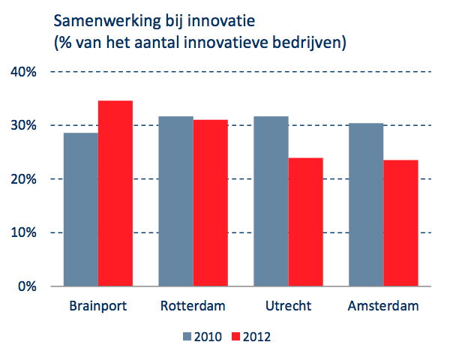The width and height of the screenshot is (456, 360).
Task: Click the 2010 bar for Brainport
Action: click(80, 209)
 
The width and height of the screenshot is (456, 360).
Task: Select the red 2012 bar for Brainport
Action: click(115, 193)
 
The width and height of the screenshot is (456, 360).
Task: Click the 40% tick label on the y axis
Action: click(24, 72)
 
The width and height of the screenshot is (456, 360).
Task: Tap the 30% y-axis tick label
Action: click(24, 125)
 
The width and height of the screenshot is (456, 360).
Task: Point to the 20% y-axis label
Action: click(24, 179)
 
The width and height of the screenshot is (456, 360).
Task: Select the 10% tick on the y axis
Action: click(24, 232)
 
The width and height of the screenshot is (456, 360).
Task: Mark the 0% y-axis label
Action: click(27, 286)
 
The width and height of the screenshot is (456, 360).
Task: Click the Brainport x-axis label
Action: click(97, 307)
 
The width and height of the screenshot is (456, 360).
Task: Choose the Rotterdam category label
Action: click(193, 307)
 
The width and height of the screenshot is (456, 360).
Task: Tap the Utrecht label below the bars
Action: click(288, 307)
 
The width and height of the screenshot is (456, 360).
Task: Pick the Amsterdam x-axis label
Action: click(382, 307)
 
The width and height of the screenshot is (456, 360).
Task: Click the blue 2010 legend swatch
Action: click(187, 337)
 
